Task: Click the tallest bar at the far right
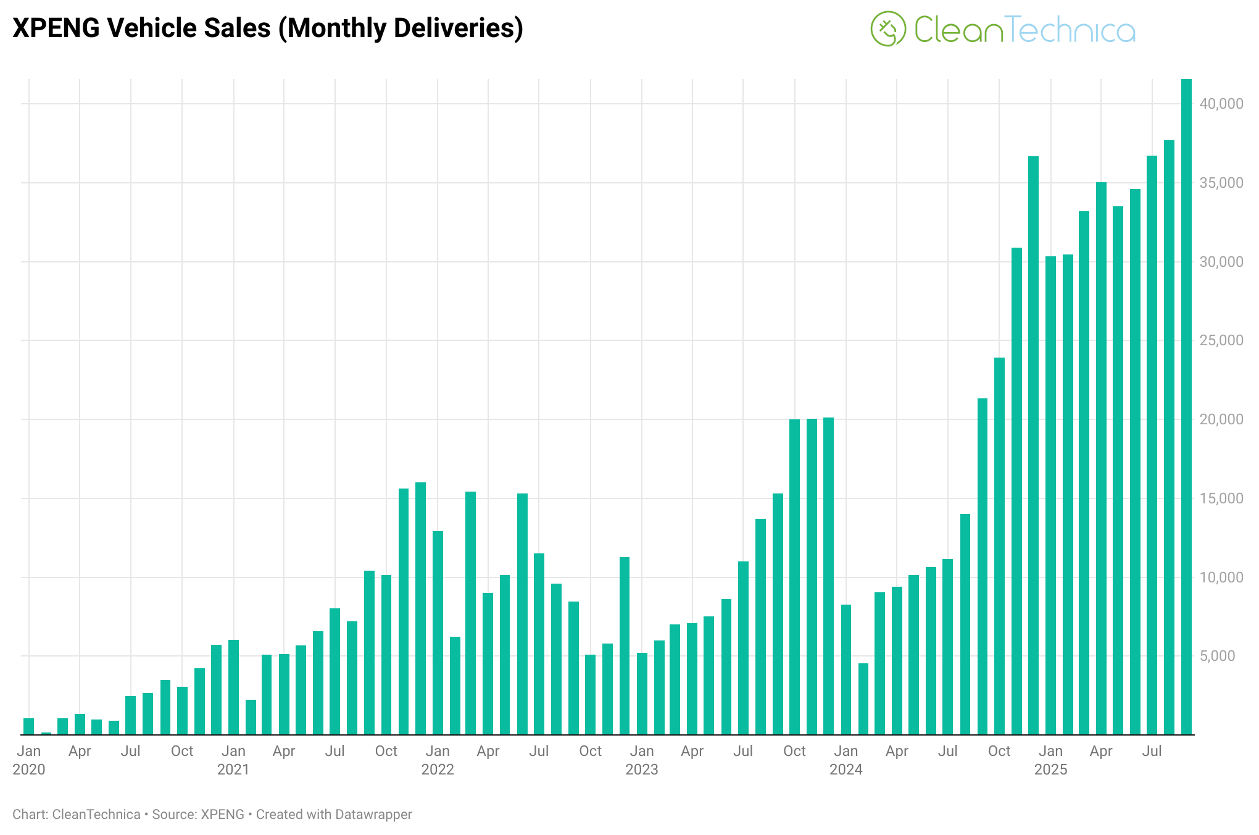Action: (1186, 408)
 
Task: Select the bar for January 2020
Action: (29, 726)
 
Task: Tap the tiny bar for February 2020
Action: (46, 733)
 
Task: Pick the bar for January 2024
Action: (846, 669)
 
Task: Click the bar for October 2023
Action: (794, 577)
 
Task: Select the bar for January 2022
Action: (438, 632)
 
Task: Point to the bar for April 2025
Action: (1101, 458)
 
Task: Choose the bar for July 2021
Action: (335, 671)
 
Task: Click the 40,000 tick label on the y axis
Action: (1221, 104)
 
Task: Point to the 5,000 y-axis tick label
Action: (1221, 656)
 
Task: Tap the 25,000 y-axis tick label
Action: (1221, 340)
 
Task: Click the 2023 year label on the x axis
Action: (642, 770)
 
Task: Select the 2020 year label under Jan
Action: (29, 770)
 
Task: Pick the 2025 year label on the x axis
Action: (1050, 770)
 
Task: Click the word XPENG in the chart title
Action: (55, 28)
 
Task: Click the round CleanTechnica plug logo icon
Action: (888, 29)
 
